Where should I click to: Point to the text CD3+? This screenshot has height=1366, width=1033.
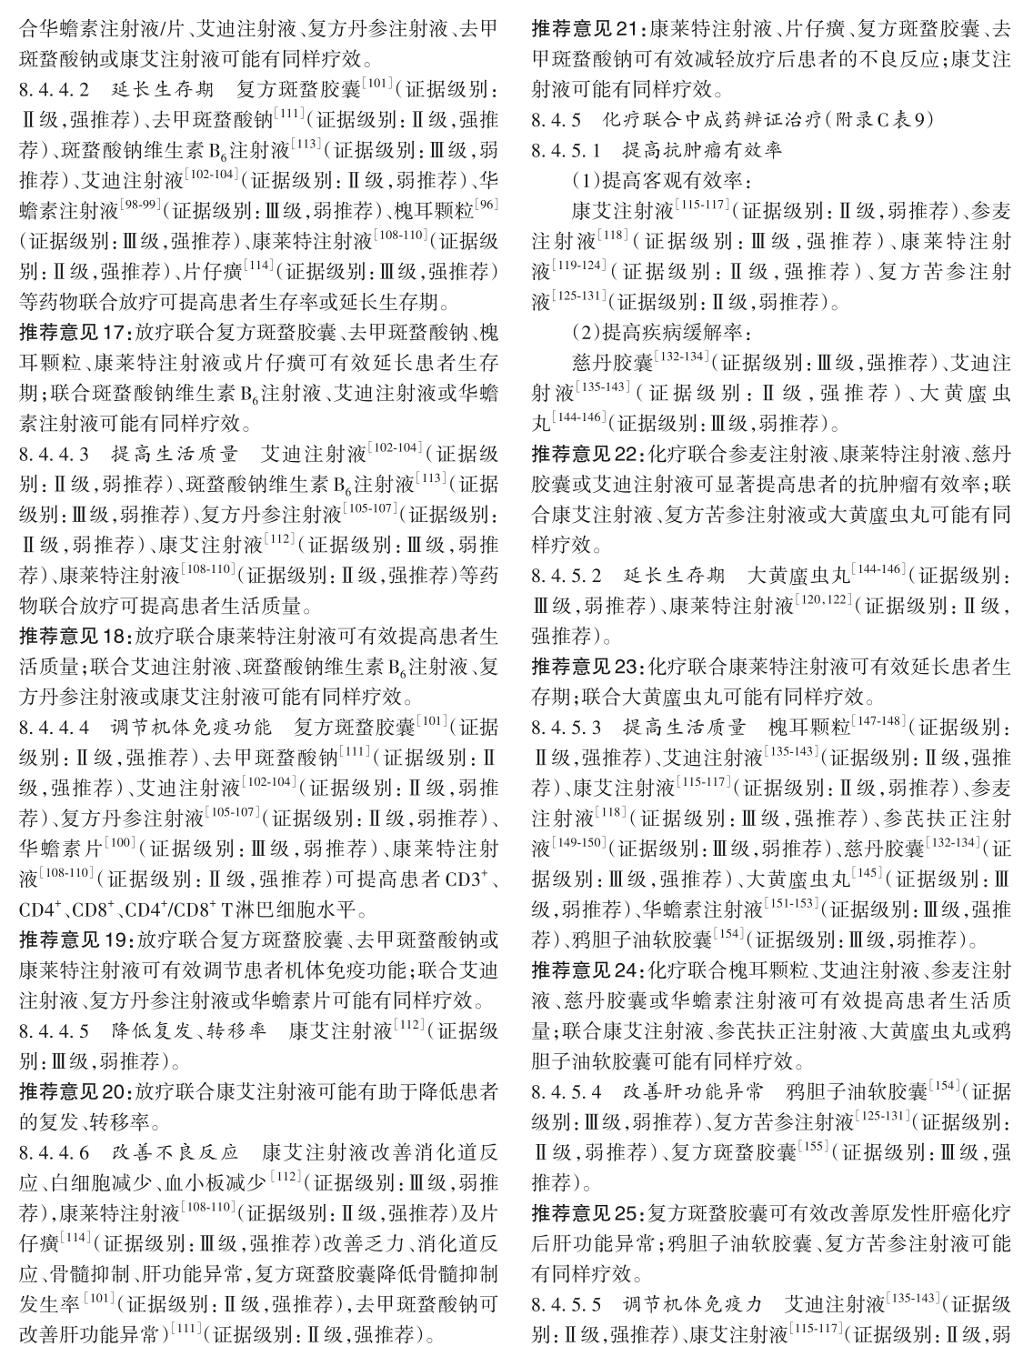[471, 881]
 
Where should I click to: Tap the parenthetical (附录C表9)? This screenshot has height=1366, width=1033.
[868, 120]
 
